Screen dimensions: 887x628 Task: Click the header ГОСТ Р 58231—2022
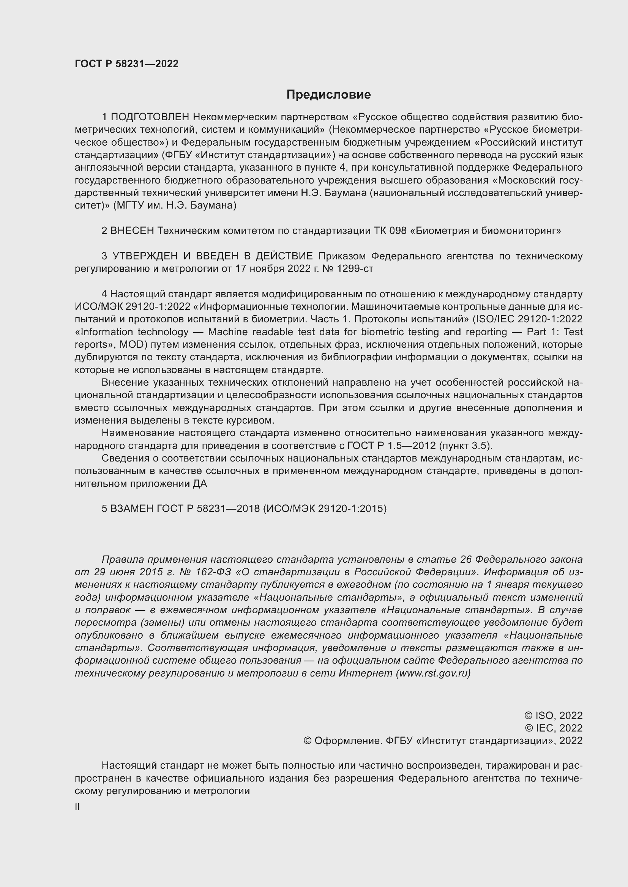(126, 64)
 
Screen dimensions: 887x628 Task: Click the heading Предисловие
(328, 95)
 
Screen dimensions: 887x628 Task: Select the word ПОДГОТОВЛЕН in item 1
(150, 117)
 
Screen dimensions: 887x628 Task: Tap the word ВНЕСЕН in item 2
(132, 231)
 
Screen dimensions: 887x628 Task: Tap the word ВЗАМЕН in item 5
(132, 509)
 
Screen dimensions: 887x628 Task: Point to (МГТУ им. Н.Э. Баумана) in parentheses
(174, 206)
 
